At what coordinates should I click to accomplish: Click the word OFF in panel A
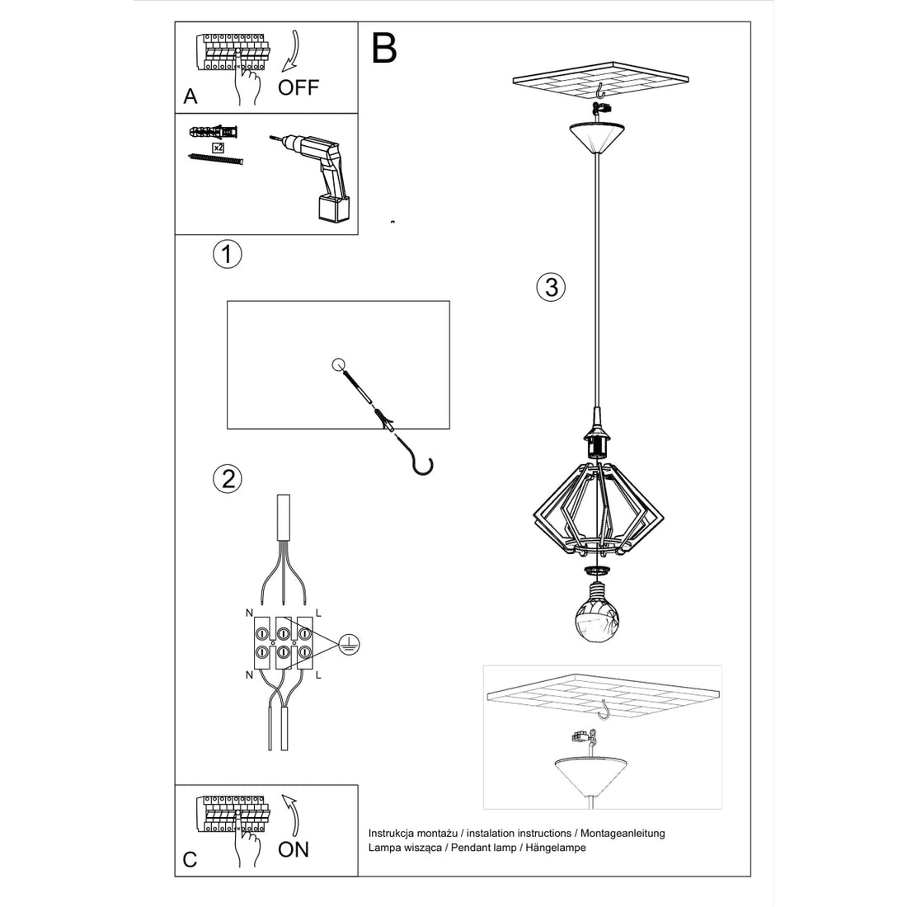[x=298, y=87]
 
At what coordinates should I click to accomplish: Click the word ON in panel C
[x=294, y=848]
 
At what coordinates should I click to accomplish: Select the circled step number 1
[x=227, y=254]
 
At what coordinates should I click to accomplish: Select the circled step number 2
[x=227, y=478]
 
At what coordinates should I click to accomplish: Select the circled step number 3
[x=551, y=287]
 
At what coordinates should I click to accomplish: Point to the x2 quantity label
[x=219, y=148]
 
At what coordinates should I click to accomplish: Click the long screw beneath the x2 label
[x=217, y=158]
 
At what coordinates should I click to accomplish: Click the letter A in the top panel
[x=190, y=96]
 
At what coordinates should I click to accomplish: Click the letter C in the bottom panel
[x=190, y=859]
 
